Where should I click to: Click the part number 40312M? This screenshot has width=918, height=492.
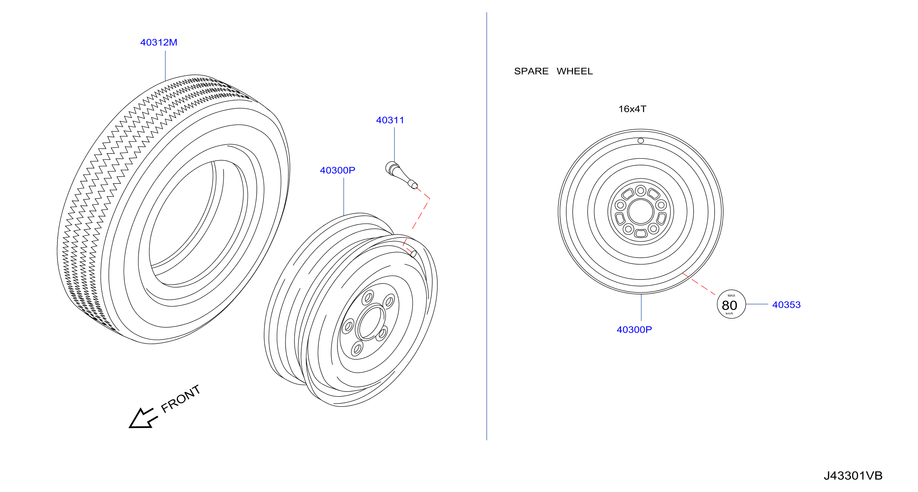[159, 42]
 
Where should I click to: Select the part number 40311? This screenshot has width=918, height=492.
[390, 120]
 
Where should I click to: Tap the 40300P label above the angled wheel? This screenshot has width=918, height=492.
[337, 170]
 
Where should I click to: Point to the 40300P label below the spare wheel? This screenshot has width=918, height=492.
[634, 330]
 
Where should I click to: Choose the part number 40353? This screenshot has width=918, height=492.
[786, 305]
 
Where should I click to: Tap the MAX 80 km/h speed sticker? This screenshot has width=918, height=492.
[731, 304]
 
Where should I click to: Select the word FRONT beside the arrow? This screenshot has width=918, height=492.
[181, 399]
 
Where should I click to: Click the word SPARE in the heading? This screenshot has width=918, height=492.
[531, 71]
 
